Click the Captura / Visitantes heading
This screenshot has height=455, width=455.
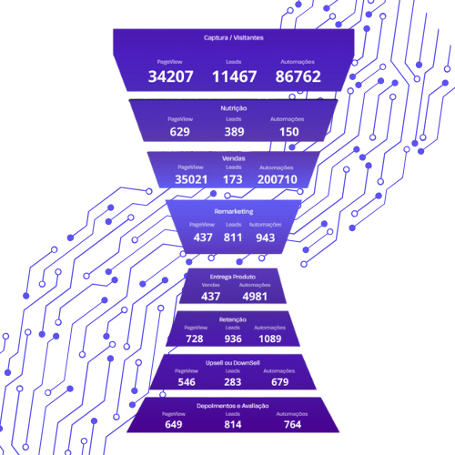(234, 38)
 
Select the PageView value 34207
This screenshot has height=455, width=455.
(170, 76)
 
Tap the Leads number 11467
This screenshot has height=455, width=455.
(234, 76)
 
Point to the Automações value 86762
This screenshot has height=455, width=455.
(298, 76)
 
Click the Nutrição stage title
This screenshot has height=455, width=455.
(234, 108)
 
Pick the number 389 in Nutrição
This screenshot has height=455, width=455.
(234, 132)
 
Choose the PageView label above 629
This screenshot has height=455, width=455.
(180, 119)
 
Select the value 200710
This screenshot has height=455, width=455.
(278, 179)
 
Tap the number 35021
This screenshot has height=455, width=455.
(191, 179)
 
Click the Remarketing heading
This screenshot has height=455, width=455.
(234, 211)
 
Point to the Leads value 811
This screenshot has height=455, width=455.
(233, 238)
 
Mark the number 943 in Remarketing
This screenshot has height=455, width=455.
(266, 238)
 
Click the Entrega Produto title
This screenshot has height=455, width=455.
(233, 277)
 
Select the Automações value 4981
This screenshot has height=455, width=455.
(255, 297)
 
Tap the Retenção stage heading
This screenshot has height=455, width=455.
(233, 319)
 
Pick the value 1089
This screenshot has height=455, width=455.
(270, 339)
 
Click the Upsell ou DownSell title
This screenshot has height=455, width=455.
(233, 363)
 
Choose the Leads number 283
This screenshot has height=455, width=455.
(233, 382)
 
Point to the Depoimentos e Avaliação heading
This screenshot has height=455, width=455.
(233, 406)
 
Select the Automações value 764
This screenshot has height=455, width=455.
(292, 424)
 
